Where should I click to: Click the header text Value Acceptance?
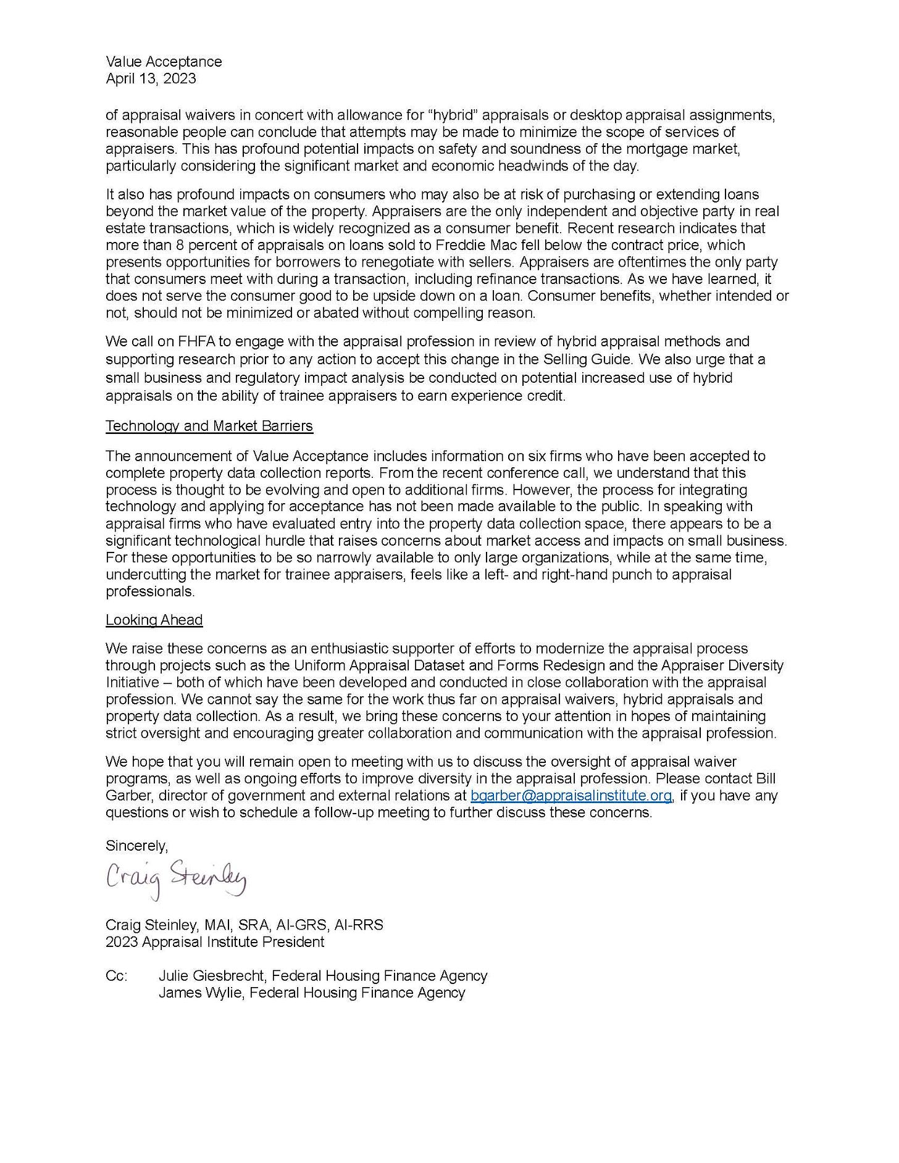(x=164, y=62)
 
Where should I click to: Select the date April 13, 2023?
(x=151, y=78)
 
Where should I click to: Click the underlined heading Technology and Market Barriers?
(x=209, y=426)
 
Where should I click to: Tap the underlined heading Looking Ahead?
(x=154, y=620)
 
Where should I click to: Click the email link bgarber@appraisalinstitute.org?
(x=571, y=796)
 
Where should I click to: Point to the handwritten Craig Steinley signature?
(x=176, y=876)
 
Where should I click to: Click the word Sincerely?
(x=136, y=845)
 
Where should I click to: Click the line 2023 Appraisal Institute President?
(x=214, y=942)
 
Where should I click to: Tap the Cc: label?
(x=117, y=976)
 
